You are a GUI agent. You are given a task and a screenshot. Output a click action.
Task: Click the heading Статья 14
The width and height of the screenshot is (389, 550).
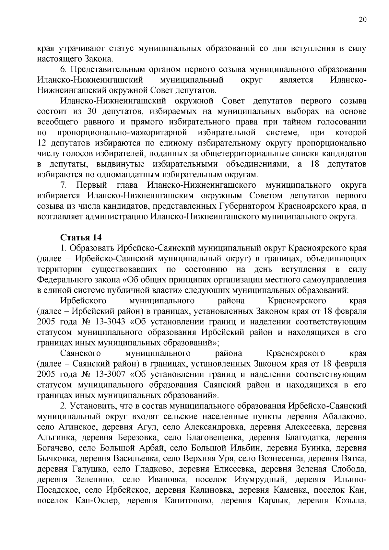[x=81, y=238]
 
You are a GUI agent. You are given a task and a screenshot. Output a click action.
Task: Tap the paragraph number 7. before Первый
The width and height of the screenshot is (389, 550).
[x=64, y=185]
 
